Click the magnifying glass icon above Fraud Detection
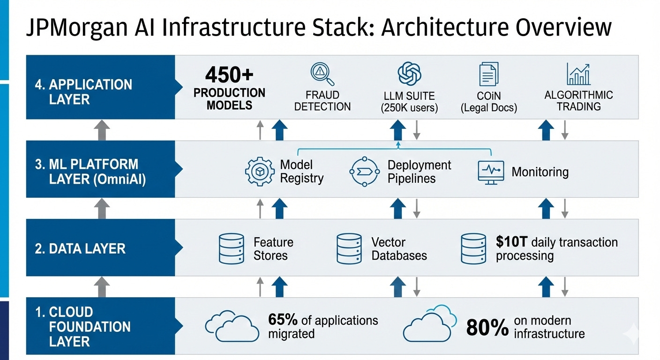pos(322,74)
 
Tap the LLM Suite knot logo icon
pos(409,74)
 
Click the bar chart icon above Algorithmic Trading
pos(578,74)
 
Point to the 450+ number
pos(229,75)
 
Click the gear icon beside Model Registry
pos(260,172)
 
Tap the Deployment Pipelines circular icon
pos(364,172)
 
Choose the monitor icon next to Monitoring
pos(490,172)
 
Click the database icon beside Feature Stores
pos(232,248)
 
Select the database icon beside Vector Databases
pos(349,248)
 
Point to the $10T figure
pos(512,242)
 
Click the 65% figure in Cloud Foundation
pos(283,320)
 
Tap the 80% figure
pos(487,328)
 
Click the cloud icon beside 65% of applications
pos(232,325)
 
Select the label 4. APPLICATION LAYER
pos(83,92)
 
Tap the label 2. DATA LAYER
pos(80,248)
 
